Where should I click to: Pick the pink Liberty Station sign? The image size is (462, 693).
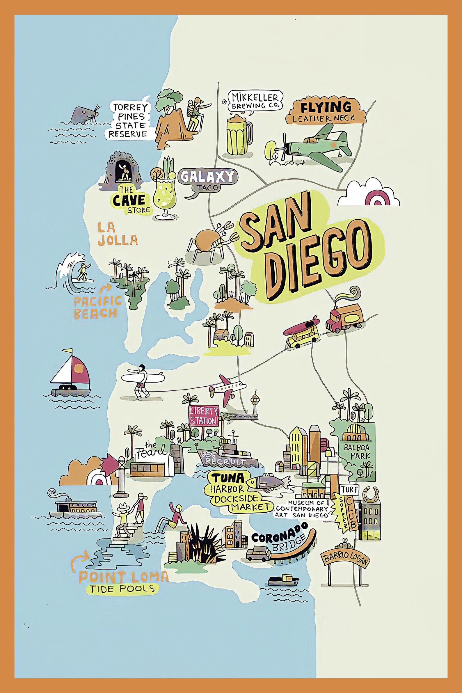point(204,415)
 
